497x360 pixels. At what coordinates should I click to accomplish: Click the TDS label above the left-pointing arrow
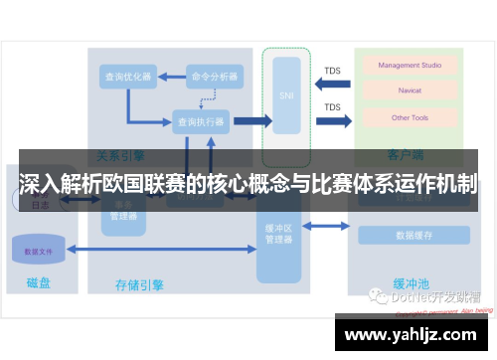pos(332,71)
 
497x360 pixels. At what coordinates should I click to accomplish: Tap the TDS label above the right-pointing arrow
pos(332,106)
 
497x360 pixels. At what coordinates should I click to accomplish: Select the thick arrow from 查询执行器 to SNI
pos(252,121)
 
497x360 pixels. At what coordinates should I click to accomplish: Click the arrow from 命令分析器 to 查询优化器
pos(170,77)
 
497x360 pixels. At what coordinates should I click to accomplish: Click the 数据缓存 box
pos(413,236)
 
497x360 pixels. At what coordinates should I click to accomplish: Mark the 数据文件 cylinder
pos(40,252)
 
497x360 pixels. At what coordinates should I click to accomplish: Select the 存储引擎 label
pos(139,285)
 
